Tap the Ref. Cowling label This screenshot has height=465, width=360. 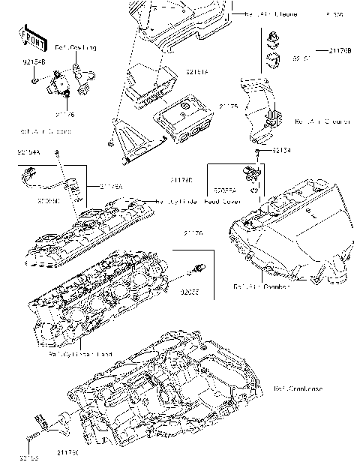click(x=78, y=48)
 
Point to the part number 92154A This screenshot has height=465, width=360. click(x=28, y=153)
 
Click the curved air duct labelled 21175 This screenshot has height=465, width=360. click(x=259, y=109)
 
